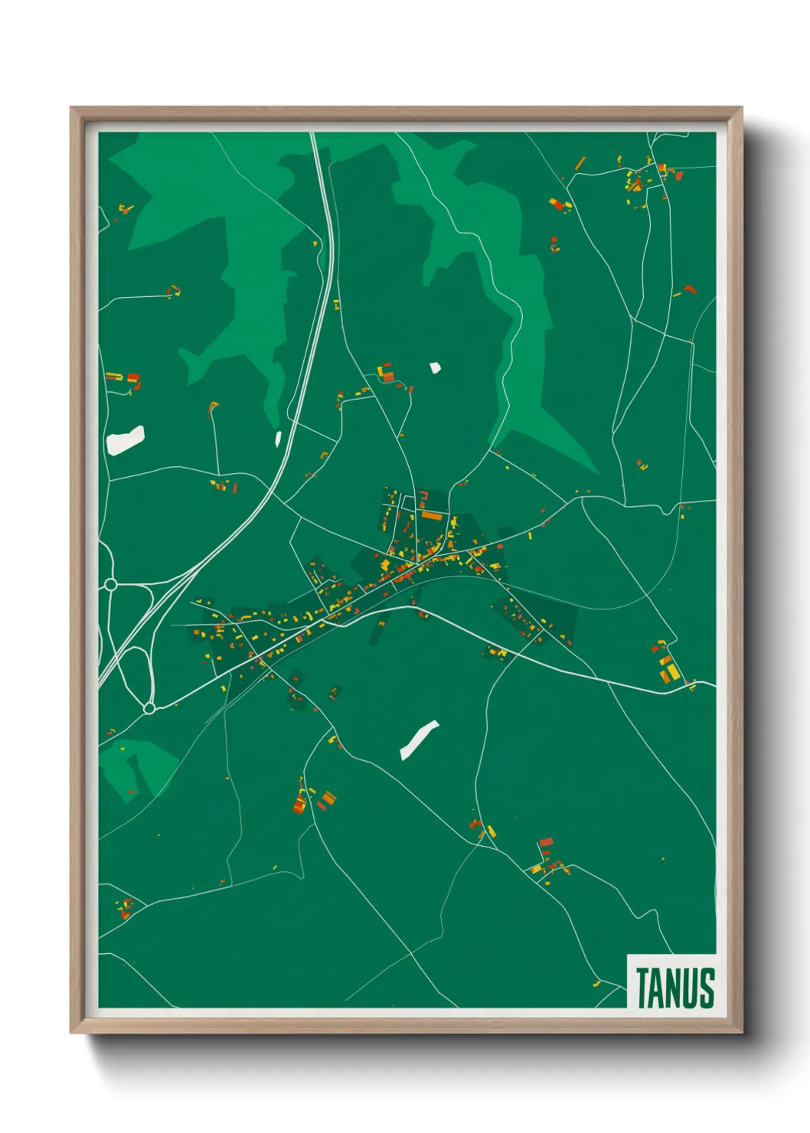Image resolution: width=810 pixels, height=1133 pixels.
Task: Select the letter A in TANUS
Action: click(x=658, y=988)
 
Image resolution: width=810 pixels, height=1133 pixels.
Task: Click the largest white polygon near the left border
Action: click(x=126, y=440)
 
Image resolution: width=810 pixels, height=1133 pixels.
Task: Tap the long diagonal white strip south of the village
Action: click(x=419, y=740)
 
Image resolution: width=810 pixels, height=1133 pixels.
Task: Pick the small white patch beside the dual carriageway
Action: click(x=278, y=439)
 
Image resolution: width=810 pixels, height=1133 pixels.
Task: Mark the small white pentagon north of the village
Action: click(x=435, y=368)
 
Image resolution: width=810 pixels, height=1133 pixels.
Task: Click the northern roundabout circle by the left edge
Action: click(x=110, y=585)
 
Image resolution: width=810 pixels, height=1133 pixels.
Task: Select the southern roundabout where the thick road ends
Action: click(x=149, y=709)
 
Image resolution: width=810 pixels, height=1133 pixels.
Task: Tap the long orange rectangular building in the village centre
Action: click(x=432, y=516)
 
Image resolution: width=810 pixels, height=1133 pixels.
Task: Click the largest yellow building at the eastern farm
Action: click(x=672, y=672)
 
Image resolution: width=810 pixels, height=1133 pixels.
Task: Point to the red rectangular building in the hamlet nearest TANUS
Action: click(x=546, y=842)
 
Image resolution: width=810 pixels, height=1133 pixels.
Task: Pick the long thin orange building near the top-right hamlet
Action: click(x=580, y=163)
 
